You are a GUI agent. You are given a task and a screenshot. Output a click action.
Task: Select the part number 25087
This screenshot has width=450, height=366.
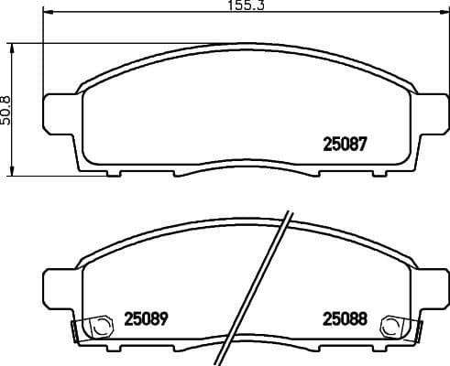click(345, 143)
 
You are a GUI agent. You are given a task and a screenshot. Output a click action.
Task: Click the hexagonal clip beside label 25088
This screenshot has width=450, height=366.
click(391, 325)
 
